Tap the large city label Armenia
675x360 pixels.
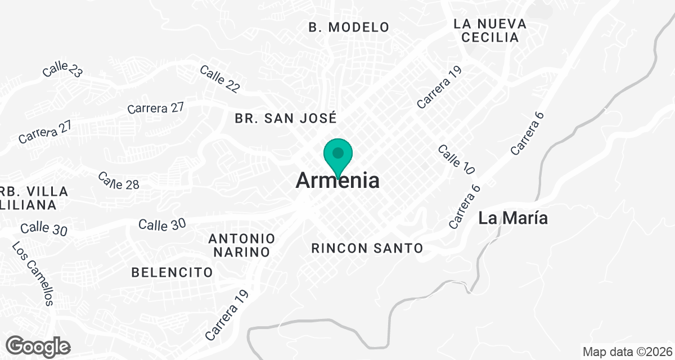337,181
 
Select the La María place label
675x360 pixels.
513,218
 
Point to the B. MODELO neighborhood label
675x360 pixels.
349,27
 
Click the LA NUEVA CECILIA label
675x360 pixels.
490,31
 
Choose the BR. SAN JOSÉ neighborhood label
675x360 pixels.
286,118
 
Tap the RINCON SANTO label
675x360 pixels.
367,247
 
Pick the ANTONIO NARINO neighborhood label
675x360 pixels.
242,245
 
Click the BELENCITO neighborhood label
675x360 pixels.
172,273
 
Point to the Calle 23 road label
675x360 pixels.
62,70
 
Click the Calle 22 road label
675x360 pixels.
219,78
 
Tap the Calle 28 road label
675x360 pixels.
118,181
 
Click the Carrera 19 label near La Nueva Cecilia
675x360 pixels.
439,87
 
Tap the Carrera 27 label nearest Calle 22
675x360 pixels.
156,108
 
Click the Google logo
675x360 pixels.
38,346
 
